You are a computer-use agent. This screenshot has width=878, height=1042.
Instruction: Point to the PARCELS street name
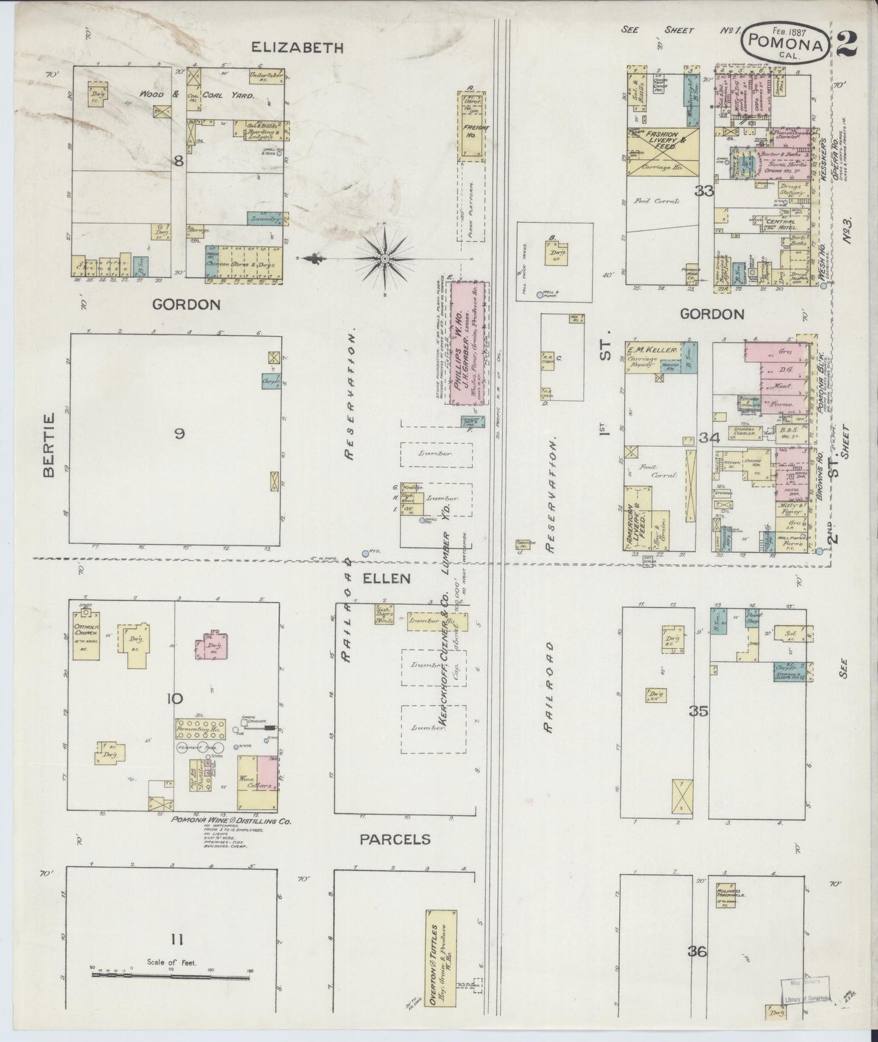pos(395,840)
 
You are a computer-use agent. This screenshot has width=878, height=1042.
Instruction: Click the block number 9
pos(179,434)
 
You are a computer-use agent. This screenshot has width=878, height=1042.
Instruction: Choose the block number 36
pos(698,951)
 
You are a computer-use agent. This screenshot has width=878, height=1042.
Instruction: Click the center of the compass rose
pos(385,260)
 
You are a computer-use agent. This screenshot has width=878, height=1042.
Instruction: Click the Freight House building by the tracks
pos(472,126)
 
